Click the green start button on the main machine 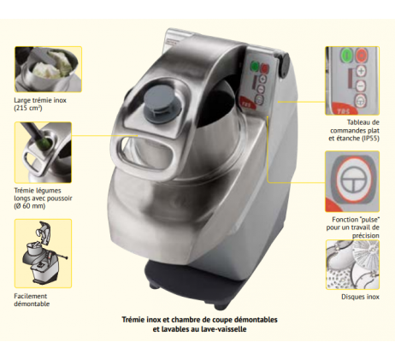(x=254, y=67)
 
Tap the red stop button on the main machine (x=265, y=68)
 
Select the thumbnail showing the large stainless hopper (x=48, y=69)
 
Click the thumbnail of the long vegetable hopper (x=43, y=152)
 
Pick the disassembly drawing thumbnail (x=43, y=253)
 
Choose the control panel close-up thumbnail (x=352, y=80)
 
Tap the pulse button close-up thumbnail (x=352, y=181)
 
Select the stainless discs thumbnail (x=352, y=265)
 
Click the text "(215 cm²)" (x=28, y=109)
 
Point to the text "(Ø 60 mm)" (x=30, y=206)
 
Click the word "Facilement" (x=31, y=296)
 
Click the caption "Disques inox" (x=360, y=297)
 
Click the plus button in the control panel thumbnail (x=361, y=71)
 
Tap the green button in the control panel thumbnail (x=347, y=54)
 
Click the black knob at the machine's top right (x=285, y=65)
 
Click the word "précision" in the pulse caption (x=366, y=236)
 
